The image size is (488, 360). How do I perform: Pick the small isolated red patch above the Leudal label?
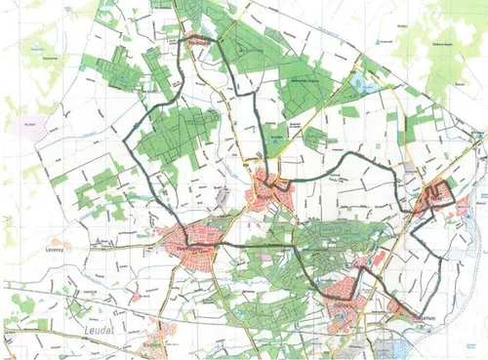click(137, 294)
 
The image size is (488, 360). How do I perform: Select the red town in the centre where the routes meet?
click(268, 187)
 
